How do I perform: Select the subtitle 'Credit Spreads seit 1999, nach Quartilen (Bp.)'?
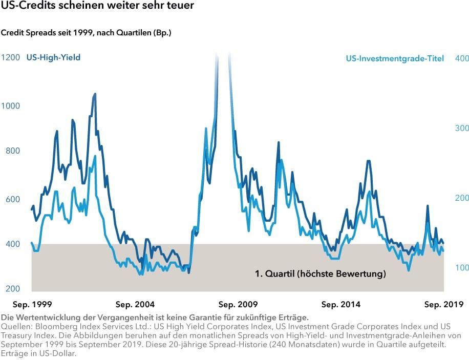(x=86, y=33)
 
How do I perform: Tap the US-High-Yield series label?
(x=53, y=58)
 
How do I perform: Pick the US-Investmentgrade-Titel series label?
(x=395, y=58)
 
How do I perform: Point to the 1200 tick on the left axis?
(x=10, y=58)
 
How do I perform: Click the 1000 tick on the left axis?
(x=10, y=106)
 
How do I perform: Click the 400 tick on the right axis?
(x=462, y=58)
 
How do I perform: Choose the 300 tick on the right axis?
(x=462, y=128)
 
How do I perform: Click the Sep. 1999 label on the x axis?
(x=32, y=304)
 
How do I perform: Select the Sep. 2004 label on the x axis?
(x=135, y=304)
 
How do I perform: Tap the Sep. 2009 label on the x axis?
(x=238, y=304)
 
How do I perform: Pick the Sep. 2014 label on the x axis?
(x=341, y=304)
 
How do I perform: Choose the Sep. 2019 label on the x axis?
(x=443, y=304)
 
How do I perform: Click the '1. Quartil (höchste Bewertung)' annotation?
(x=320, y=274)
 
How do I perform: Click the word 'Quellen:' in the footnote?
(x=15, y=326)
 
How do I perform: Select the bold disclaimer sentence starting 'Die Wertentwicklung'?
(x=155, y=317)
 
